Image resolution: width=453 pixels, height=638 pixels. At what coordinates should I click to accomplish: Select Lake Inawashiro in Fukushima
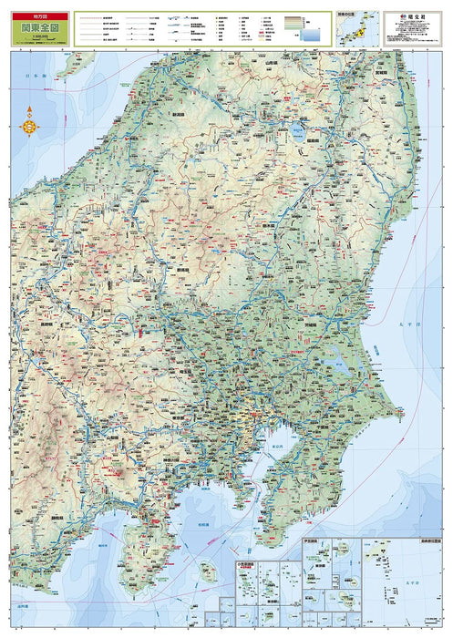[x=297, y=132]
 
